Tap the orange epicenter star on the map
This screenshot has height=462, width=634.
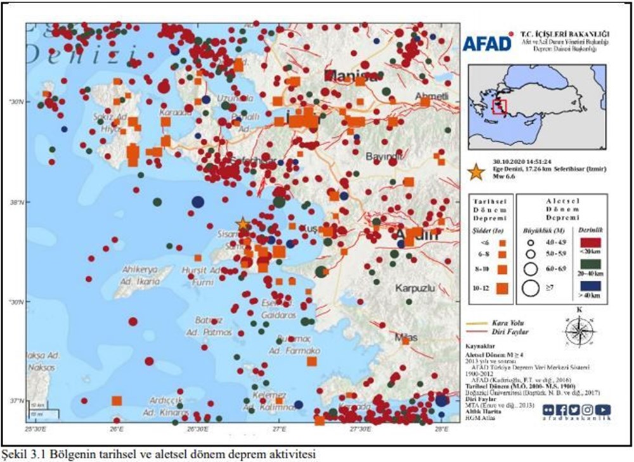click(x=243, y=223)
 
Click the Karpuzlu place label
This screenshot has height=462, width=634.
click(x=415, y=288)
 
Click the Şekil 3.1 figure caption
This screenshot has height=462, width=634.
click(x=158, y=454)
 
